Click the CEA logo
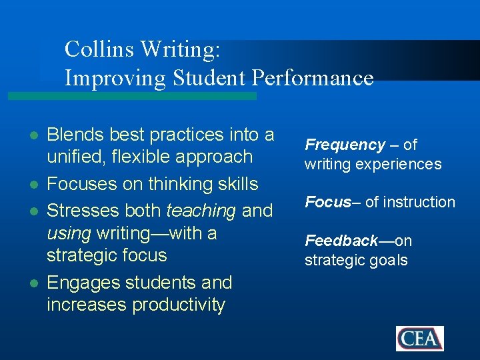tap(419, 338)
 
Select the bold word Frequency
tap(345, 145)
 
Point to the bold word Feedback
tap(341, 241)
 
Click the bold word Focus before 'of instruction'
tap(328, 202)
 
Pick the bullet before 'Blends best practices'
tap(33, 135)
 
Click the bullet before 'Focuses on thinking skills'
tap(33, 185)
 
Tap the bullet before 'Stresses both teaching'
tap(33, 211)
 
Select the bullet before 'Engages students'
tap(33, 283)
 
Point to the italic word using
tap(69, 233)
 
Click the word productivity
tap(179, 305)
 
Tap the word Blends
tap(75, 135)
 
